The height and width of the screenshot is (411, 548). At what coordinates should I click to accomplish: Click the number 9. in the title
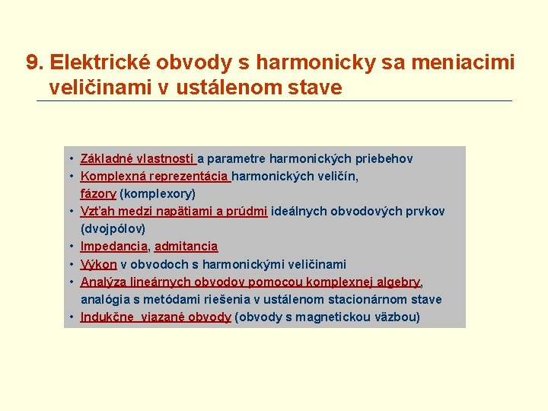coord(35,62)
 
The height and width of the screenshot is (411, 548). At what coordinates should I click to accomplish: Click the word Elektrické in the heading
coord(99,62)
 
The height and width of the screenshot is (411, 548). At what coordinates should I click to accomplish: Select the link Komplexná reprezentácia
coord(155,177)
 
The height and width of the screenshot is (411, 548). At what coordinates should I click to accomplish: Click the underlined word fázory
coord(98,194)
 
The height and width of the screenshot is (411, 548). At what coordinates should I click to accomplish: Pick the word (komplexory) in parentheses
coord(158,194)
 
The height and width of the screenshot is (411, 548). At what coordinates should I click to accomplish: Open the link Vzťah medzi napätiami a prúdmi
coord(174,212)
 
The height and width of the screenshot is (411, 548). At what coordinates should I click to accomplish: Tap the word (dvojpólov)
coord(113,229)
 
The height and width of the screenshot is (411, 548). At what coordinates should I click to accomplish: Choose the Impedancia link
coord(113,247)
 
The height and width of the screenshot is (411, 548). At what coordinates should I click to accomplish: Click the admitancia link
coord(186,247)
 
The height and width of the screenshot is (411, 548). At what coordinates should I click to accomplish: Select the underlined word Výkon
coord(99,264)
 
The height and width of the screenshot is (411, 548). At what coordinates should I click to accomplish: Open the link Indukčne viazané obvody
coord(155,317)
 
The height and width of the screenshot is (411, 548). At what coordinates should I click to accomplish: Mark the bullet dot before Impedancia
coord(70,247)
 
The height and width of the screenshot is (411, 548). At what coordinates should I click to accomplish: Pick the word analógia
coord(106,299)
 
